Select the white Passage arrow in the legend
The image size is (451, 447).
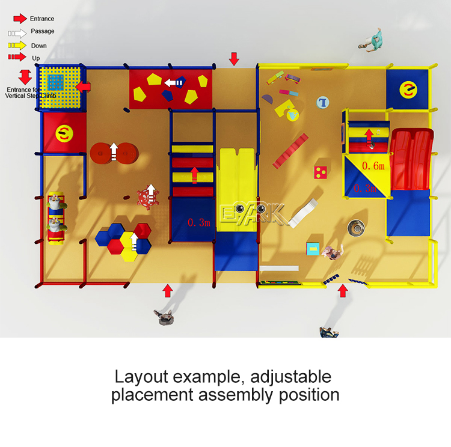tap(17, 32)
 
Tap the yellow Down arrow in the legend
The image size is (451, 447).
tap(17, 45)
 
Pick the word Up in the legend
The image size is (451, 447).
tap(36, 58)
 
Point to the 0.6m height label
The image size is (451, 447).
tap(373, 165)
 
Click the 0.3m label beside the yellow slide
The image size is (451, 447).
tap(199, 223)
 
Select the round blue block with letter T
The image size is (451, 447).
tap(324, 102)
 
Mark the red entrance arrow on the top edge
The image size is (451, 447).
tap(234, 59)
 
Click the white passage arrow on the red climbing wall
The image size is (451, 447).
tap(174, 83)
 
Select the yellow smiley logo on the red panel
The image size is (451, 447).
tap(63, 134)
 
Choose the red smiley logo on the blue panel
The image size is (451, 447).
tap(408, 89)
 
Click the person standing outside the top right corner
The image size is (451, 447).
tap(372, 40)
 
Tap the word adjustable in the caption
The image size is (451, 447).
tap(291, 377)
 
